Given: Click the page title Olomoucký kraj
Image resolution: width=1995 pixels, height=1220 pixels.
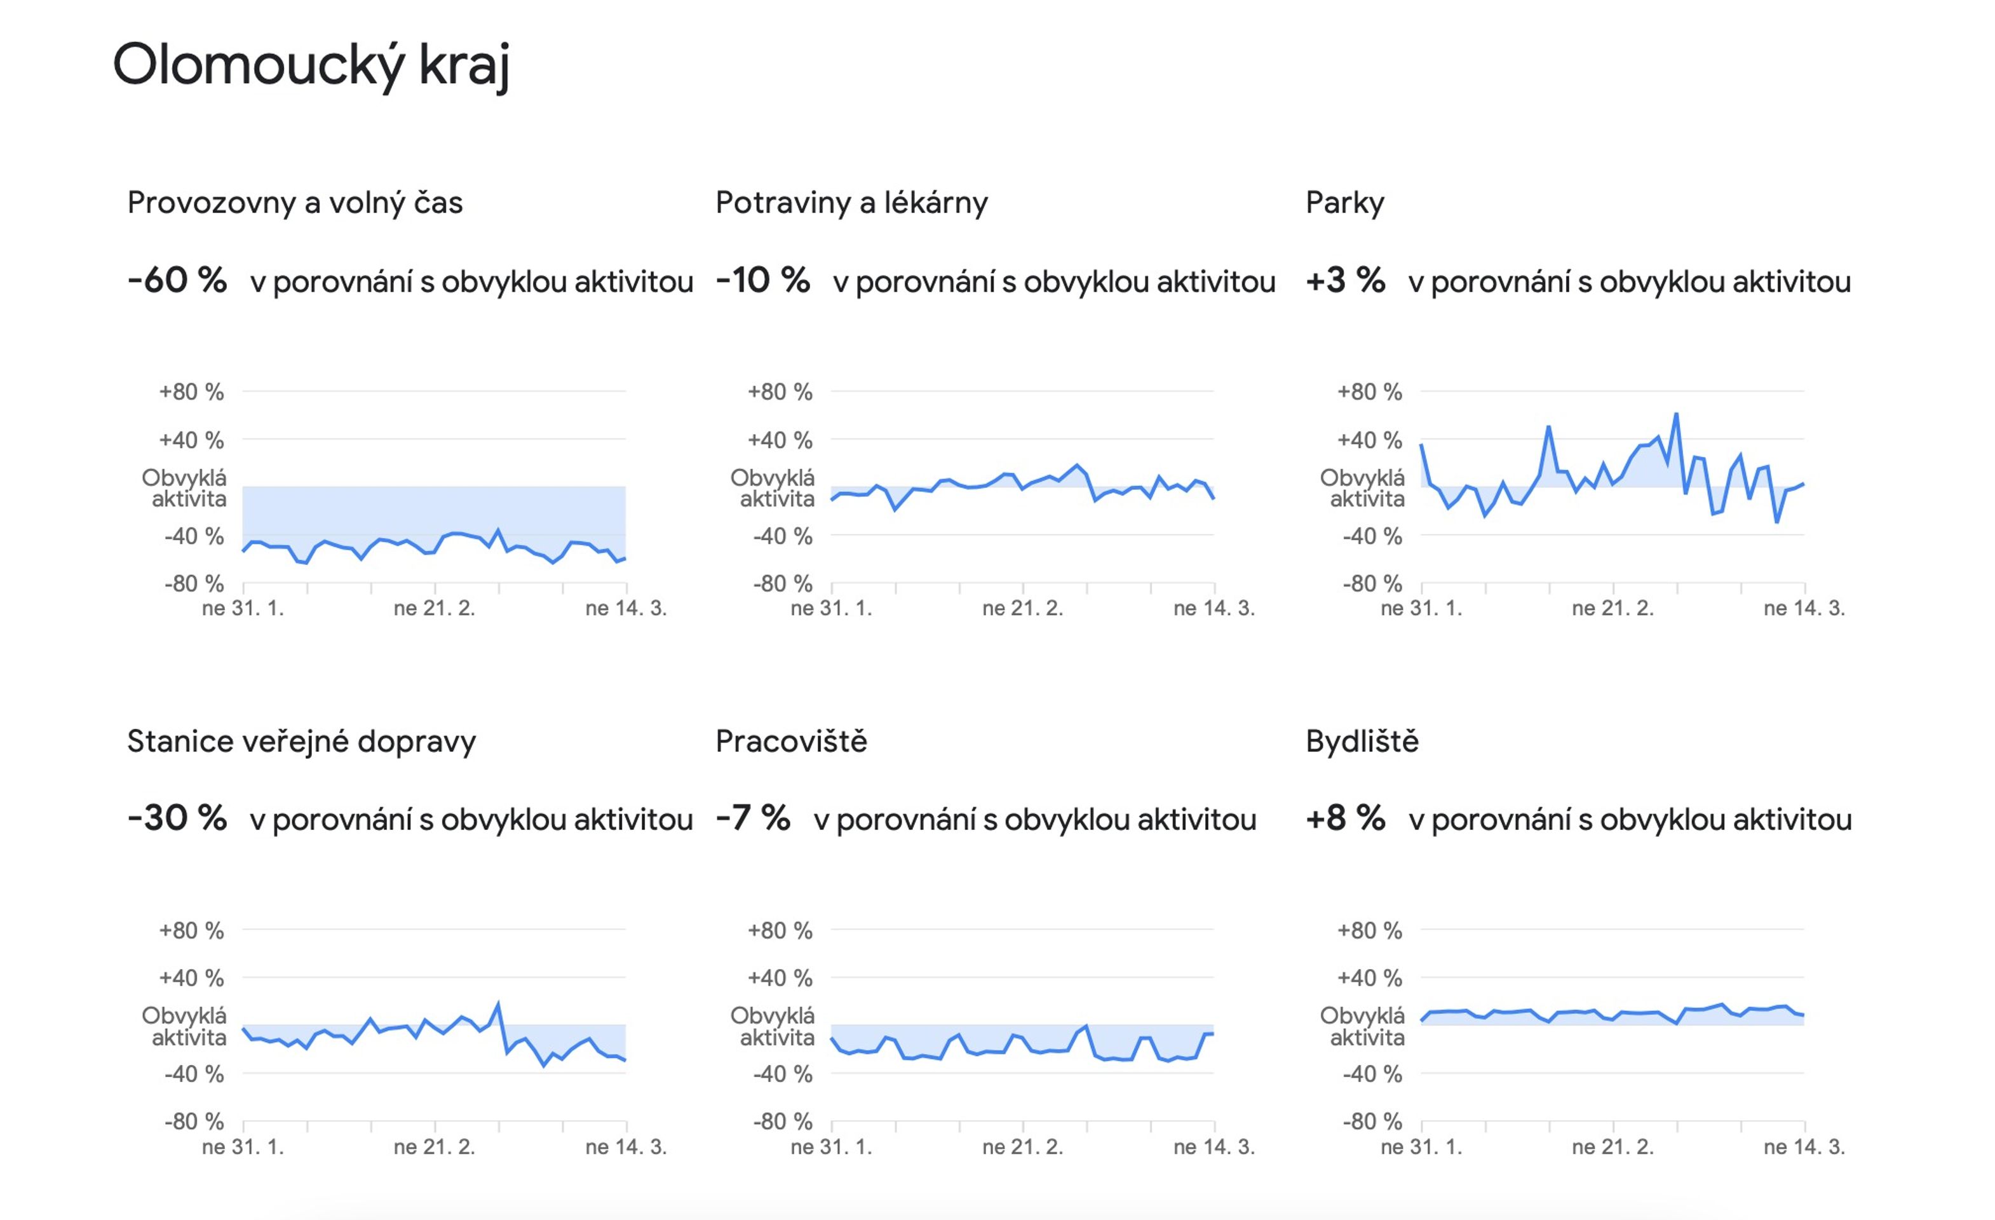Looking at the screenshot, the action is point(311,66).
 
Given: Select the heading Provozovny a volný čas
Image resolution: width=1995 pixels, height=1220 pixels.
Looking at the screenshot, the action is point(295,203).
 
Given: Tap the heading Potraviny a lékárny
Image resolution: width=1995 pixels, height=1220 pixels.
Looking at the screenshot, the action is point(852,203).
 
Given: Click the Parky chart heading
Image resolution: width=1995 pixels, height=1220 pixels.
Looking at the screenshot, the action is point(1345,203).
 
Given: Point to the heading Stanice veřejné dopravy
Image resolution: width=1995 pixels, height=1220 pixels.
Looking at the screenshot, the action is point(301,742).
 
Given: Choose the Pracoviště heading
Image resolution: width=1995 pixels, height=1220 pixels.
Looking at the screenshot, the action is point(791,741).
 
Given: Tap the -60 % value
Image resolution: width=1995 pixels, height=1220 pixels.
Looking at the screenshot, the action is point(177,280).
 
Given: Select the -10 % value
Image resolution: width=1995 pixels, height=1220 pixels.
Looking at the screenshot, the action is point(762,280).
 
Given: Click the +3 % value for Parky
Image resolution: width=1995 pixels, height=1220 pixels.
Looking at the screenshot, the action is point(1345,280).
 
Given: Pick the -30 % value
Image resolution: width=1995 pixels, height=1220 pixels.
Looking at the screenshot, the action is point(177,818).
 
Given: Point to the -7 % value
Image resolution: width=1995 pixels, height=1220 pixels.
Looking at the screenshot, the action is point(753,818).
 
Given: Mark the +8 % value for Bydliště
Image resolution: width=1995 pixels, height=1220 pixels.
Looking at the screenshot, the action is point(1345,818).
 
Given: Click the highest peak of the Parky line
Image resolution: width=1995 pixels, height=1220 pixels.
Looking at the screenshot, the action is point(1676,414).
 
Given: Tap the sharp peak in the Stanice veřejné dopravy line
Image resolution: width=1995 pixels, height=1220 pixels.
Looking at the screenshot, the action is point(498,1004).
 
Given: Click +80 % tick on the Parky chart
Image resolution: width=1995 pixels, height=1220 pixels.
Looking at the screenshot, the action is point(1369,392).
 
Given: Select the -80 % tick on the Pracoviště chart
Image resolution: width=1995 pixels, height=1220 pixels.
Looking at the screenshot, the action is point(782,1122).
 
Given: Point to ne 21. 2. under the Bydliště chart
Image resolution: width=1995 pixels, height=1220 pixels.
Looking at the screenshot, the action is point(1613,1146).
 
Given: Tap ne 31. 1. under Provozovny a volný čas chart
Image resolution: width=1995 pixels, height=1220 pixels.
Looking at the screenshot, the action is point(243,608).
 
